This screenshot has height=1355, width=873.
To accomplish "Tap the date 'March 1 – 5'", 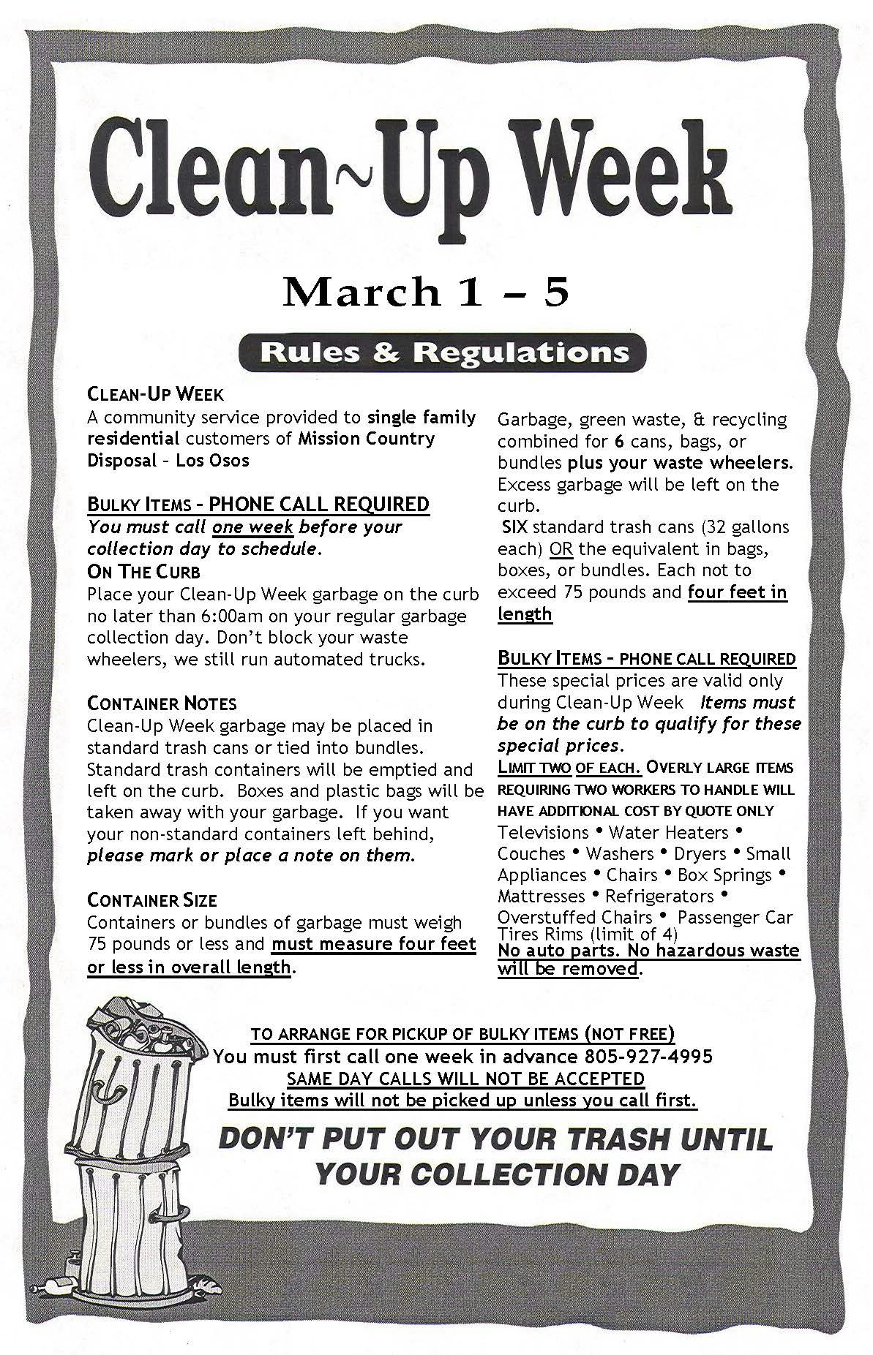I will pos(426,292).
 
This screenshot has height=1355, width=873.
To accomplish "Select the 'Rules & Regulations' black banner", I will pos(443,353).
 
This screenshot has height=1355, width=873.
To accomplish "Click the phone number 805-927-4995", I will pos(648,1057).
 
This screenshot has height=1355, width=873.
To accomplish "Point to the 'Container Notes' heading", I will pos(162,704).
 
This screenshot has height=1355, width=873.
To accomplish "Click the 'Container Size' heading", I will pos(152,900).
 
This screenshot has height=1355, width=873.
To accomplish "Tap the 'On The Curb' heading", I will pos(143,572).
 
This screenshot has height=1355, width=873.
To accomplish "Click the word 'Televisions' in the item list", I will pos(543,833).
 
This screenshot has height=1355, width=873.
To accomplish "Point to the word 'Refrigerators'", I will pos(659,897).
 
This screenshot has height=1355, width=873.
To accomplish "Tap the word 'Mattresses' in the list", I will pos(542,897).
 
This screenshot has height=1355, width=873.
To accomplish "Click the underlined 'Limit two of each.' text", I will pos(569,768).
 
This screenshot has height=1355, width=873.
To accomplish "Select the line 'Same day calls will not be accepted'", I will pos(465,1079).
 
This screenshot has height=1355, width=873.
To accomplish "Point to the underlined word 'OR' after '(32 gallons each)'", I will pos(561,549).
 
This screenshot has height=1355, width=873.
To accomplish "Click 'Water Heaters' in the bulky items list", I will pos(668,833).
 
